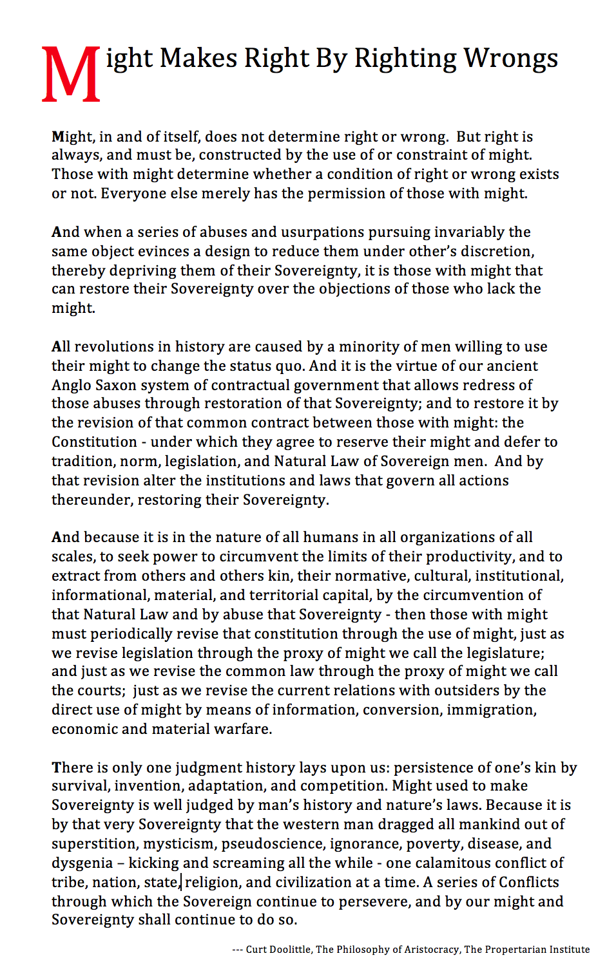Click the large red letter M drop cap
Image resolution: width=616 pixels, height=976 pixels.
71,74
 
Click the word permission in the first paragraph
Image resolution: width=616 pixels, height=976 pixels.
363,194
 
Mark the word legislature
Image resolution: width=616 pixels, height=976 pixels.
504,653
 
